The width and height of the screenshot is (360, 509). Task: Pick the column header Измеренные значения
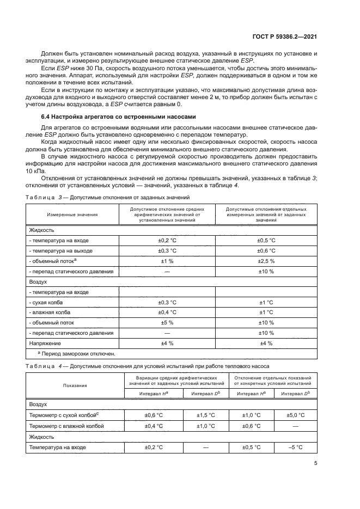click(72, 214)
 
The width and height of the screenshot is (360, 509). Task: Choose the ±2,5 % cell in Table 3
click(265, 261)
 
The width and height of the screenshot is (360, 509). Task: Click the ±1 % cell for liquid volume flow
click(167, 261)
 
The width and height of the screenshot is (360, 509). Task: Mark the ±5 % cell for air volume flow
click(167, 322)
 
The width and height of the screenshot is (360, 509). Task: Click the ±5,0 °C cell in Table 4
click(295, 415)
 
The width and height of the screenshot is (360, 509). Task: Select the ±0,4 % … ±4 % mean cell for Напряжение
click(167, 343)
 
